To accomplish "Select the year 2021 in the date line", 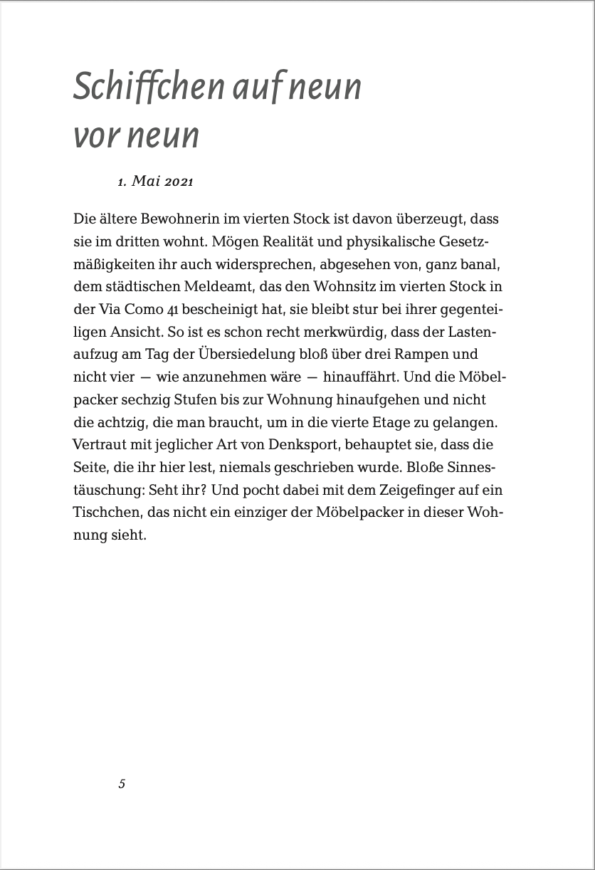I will point(179,182).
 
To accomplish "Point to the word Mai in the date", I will point(146,182).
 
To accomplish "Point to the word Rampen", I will point(426,355).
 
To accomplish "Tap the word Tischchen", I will point(104,513).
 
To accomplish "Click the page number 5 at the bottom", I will point(122,784).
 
